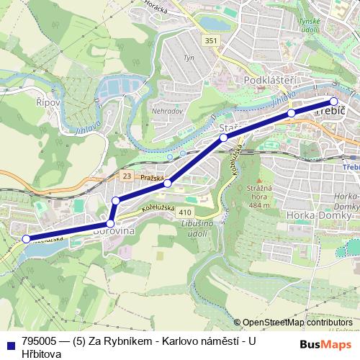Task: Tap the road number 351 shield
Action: [210, 40]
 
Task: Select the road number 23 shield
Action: [127, 176]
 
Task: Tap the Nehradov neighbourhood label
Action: [168, 112]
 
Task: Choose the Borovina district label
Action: [112, 233]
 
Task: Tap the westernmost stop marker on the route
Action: [26, 238]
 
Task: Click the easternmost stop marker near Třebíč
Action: [333, 102]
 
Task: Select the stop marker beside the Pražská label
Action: [167, 184]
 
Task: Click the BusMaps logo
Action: [321, 343]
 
